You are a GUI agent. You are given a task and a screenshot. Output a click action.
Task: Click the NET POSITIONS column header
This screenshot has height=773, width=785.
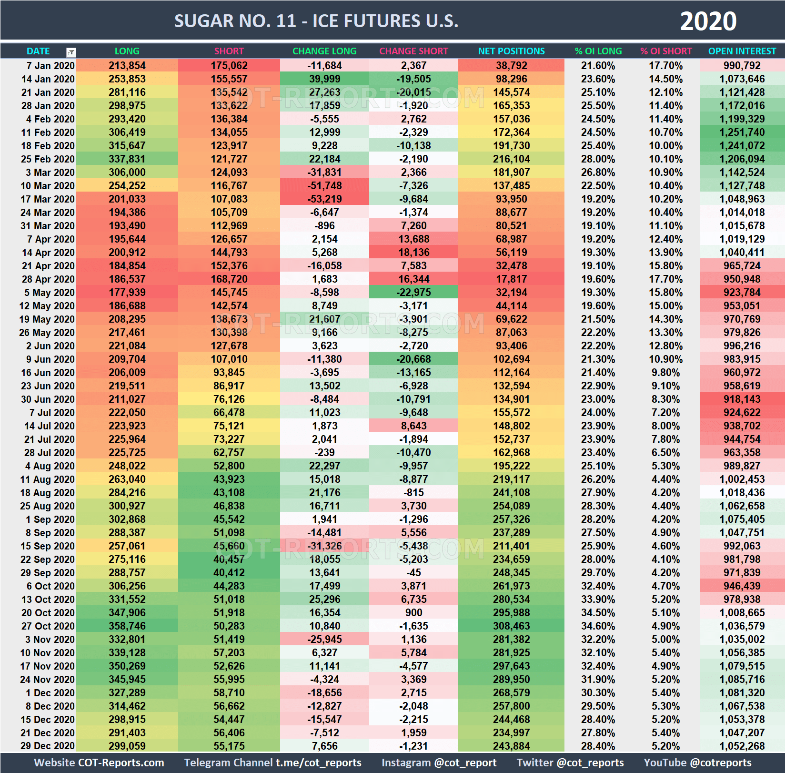coord(511,51)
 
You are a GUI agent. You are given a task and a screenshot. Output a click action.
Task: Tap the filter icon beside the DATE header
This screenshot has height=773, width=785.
coord(71,52)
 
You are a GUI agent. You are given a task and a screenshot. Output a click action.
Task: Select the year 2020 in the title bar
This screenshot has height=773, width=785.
coord(708,21)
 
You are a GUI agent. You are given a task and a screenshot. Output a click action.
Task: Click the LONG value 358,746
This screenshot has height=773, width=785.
coord(127,626)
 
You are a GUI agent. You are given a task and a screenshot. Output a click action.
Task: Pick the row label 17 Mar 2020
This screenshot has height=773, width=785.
coord(48,199)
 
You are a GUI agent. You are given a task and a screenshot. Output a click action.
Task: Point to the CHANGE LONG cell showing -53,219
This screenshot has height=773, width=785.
coord(324,199)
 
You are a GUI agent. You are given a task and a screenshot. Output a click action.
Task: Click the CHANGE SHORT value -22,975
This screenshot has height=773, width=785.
coord(413,292)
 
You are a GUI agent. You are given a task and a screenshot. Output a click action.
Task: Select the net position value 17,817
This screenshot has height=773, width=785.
coord(511,279)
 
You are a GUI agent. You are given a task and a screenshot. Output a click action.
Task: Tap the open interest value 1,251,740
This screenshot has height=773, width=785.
coord(742,132)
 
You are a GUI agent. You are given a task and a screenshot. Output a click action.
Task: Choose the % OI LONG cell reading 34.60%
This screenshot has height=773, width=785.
coord(598,626)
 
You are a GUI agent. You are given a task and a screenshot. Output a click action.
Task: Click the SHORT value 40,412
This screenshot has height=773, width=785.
coord(229,572)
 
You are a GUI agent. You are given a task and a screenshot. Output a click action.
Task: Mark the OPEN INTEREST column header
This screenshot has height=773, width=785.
coord(742,51)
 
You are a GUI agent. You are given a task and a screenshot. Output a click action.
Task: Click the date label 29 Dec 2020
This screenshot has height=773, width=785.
coord(48,746)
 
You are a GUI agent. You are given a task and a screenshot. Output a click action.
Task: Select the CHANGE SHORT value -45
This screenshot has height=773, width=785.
coord(413,572)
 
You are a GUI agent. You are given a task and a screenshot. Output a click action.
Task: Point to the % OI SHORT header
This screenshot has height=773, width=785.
coord(666,51)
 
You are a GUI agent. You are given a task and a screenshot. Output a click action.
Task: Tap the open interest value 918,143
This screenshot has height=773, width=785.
coord(742,399)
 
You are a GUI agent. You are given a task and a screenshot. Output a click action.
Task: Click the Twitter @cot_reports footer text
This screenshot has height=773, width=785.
coord(570,763)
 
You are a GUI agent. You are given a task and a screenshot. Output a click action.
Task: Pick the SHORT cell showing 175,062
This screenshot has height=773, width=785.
coord(229,65)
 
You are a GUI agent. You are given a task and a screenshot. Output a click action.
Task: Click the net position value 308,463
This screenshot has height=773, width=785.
coord(511,626)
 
